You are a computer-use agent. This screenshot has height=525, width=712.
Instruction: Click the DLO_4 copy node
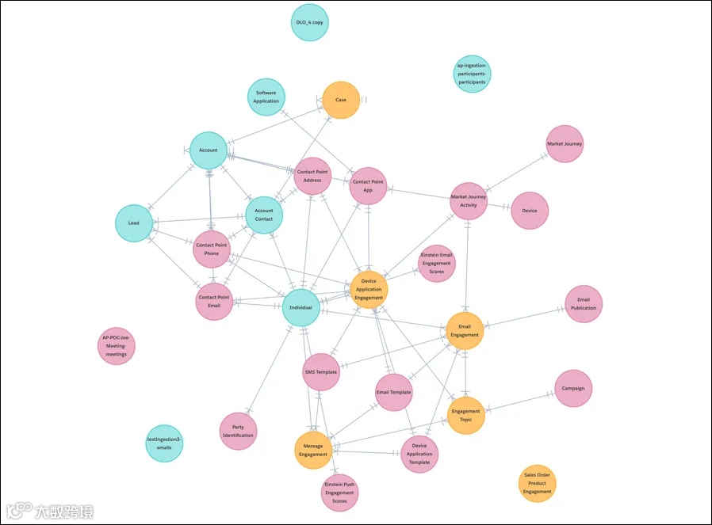[308, 22]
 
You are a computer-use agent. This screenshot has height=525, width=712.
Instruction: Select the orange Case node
[341, 100]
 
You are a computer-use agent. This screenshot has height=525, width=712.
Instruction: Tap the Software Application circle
[266, 97]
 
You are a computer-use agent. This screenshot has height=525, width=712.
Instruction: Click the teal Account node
[209, 150]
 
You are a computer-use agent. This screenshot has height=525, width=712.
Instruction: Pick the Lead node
[134, 223]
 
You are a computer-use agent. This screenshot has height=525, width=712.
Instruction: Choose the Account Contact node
[264, 215]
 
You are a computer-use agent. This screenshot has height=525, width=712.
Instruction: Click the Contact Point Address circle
[312, 176]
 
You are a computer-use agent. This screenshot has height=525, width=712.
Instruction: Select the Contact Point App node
[368, 186]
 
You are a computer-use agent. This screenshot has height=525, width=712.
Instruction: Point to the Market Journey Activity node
[468, 200]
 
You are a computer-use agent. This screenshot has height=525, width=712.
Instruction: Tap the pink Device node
[530, 211]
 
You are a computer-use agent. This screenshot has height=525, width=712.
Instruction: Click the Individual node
[301, 308]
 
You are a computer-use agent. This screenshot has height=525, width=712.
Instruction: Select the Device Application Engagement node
[369, 290]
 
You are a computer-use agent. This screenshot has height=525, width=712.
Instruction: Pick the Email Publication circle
[584, 304]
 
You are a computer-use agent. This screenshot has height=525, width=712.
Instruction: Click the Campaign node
[573, 389]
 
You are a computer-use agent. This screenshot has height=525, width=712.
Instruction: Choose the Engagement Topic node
[465, 416]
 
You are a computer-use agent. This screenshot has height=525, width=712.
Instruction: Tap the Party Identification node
[238, 432]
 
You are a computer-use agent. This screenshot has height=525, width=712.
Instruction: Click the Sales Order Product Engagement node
[537, 484]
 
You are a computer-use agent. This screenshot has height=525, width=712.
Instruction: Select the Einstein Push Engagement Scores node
[340, 493]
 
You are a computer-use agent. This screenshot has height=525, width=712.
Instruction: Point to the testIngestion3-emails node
[164, 443]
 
